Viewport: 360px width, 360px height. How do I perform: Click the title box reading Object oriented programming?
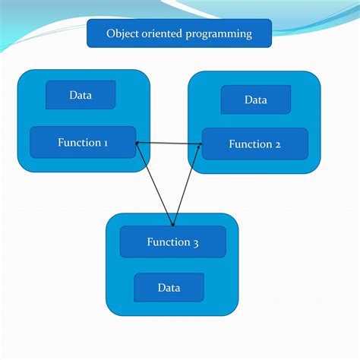(179, 33)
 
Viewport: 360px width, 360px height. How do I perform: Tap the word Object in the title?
(122, 33)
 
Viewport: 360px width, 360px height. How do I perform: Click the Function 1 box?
(83, 142)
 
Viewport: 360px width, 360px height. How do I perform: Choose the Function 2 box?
(255, 144)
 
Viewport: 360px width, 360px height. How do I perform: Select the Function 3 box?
(172, 242)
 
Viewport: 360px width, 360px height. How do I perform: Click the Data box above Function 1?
(81, 95)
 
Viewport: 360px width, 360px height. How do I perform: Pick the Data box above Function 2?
(256, 99)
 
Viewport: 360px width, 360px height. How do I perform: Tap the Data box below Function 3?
(169, 287)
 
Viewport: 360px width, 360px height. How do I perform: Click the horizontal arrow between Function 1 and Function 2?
(169, 144)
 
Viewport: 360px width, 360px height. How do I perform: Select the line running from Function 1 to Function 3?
(154, 183)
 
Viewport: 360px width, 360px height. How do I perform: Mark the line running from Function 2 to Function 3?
(187, 185)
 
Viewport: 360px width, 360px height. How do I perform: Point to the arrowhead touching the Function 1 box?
(137, 144)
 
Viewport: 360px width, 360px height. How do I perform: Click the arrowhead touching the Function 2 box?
(200, 144)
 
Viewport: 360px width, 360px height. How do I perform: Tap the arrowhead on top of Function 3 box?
(172, 223)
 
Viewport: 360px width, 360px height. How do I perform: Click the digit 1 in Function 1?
(106, 143)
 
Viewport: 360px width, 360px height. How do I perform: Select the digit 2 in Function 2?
(278, 144)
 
